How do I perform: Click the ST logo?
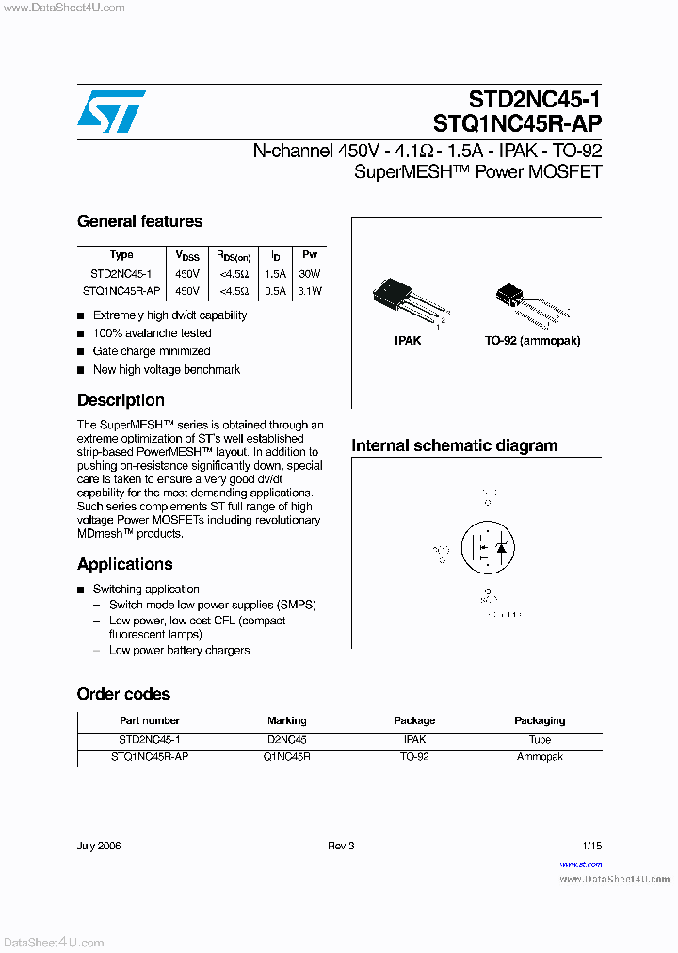pyautogui.click(x=111, y=111)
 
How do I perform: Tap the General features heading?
pyautogui.click(x=139, y=221)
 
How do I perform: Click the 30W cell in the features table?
pyautogui.click(x=310, y=273)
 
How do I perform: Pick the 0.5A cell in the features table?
pyautogui.click(x=275, y=291)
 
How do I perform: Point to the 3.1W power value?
pyautogui.click(x=310, y=291)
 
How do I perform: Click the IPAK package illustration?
pyautogui.click(x=408, y=299)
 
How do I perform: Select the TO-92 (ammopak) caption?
pyautogui.click(x=533, y=340)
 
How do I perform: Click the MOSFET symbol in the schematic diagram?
pyautogui.click(x=486, y=546)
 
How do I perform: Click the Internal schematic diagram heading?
pyautogui.click(x=454, y=445)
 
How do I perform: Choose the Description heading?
pyautogui.click(x=121, y=400)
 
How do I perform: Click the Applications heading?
pyautogui.click(x=124, y=564)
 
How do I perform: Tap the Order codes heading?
pyautogui.click(x=123, y=694)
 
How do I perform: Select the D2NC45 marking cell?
pyautogui.click(x=287, y=740)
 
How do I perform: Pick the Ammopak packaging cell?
pyautogui.click(x=540, y=757)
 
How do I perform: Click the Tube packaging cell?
pyautogui.click(x=540, y=740)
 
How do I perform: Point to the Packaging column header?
pyautogui.click(x=540, y=720)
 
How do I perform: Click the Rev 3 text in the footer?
pyautogui.click(x=341, y=846)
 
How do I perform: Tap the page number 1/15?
pyautogui.click(x=591, y=846)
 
